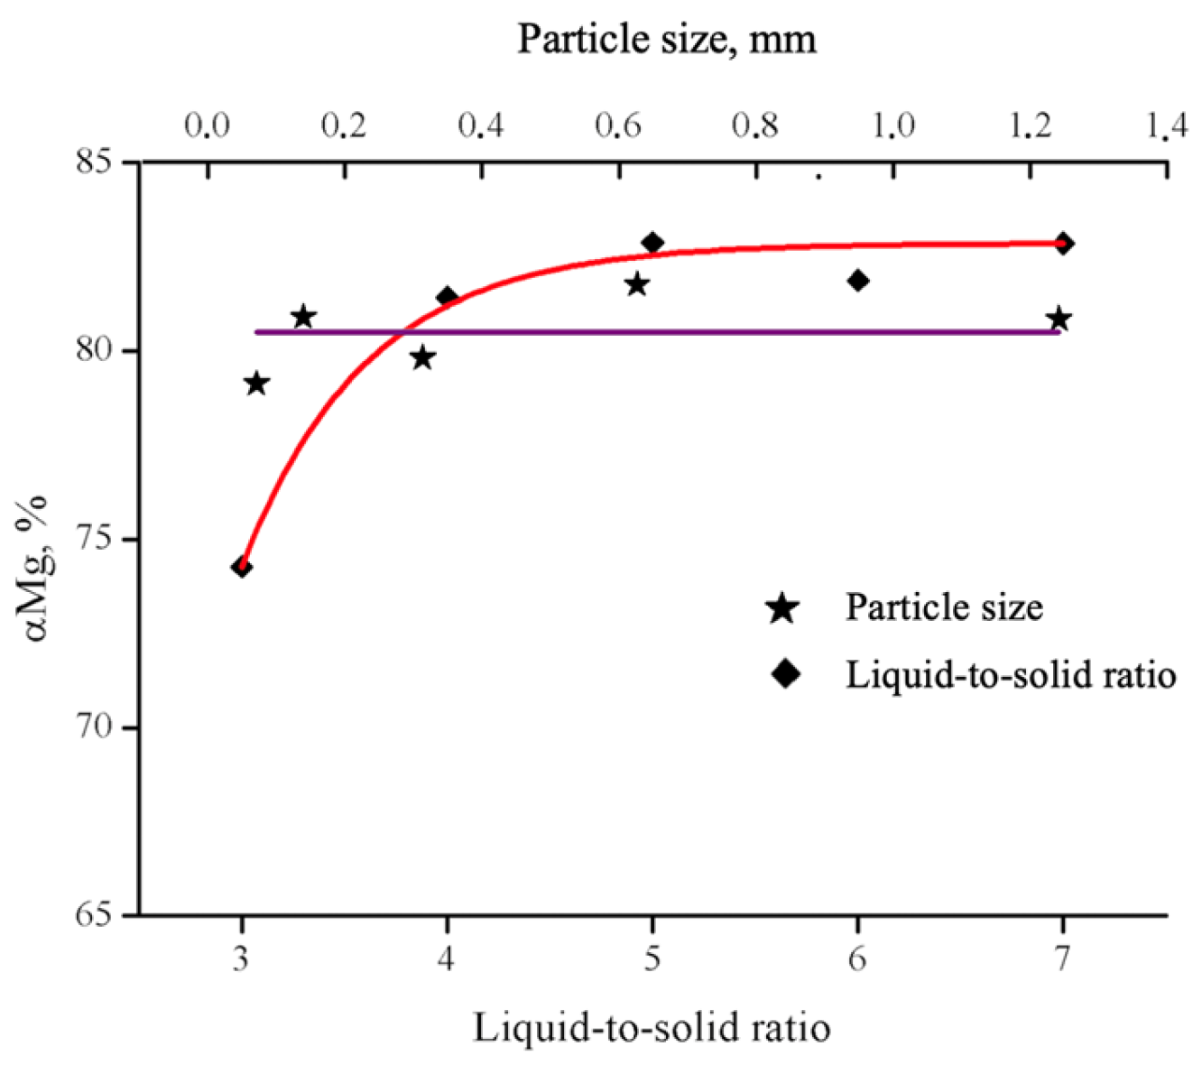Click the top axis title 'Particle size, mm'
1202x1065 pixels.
[667, 39]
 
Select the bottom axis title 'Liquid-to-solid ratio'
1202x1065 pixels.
[652, 1028]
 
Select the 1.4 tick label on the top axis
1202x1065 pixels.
[1168, 125]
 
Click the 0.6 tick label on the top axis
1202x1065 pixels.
[618, 125]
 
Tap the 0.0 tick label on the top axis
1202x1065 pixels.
[207, 125]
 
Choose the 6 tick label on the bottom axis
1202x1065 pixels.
[857, 958]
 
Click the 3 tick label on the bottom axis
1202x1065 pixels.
[241, 958]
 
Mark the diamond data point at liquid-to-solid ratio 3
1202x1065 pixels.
[241, 567]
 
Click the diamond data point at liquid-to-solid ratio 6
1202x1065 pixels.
[858, 281]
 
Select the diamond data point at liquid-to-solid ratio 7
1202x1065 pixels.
[1064, 244]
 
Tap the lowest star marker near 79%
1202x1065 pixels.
[257, 384]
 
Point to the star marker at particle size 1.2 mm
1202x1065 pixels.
[1059, 319]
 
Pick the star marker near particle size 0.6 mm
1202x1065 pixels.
[637, 284]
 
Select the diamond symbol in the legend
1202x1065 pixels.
[786, 673]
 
